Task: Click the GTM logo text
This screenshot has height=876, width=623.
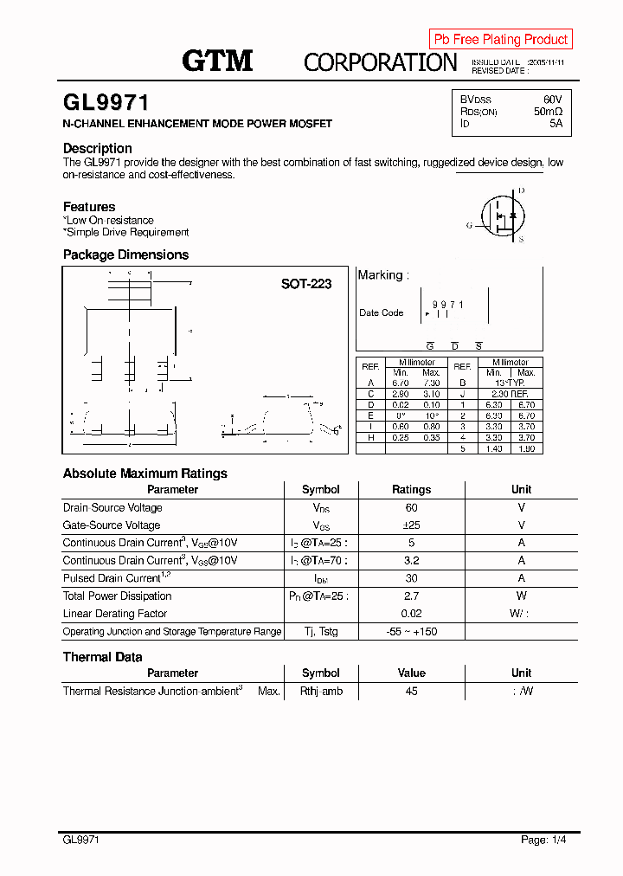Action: [x=217, y=61]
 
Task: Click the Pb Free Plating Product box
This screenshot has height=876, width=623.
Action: [x=500, y=39]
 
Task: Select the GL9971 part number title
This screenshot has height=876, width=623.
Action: [x=106, y=103]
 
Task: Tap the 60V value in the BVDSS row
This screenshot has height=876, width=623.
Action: [x=552, y=100]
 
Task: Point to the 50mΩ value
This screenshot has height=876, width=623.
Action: [x=548, y=112]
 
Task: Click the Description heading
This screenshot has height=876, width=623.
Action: [x=97, y=148]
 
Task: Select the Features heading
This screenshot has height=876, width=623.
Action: [x=89, y=207]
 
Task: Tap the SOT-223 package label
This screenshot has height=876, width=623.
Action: [x=305, y=284]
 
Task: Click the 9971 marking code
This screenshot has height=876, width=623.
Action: [x=448, y=305]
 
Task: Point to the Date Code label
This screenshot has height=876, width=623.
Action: [x=381, y=313]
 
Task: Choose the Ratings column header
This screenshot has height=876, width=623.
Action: [x=411, y=489]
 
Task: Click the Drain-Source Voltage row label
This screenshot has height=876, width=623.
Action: [x=112, y=508]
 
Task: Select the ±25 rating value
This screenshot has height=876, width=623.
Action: [x=411, y=525]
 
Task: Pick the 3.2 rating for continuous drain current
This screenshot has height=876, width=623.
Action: [x=411, y=560]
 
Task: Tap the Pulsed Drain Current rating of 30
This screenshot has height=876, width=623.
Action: [x=411, y=578]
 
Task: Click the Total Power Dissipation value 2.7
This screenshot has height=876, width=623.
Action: [x=411, y=596]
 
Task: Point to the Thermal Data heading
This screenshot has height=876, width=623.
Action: [x=102, y=657]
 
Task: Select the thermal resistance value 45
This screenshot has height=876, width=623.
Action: [x=411, y=691]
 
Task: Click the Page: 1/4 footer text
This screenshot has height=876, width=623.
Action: [x=543, y=840]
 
